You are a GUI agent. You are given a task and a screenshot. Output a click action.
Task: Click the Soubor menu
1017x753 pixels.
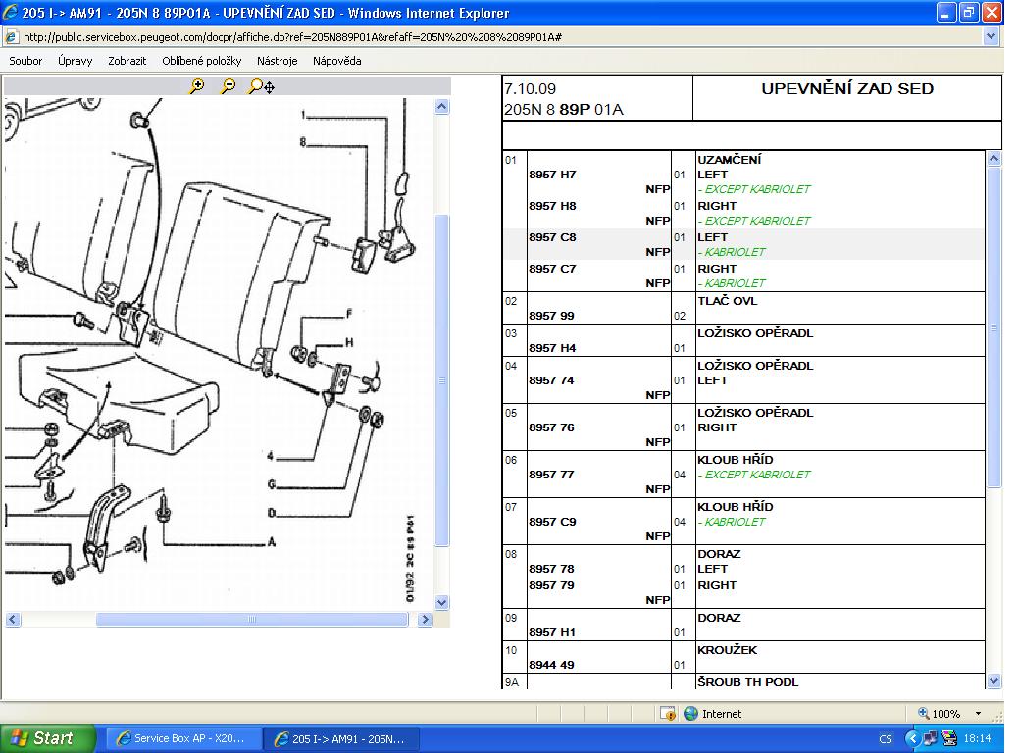coord(25,61)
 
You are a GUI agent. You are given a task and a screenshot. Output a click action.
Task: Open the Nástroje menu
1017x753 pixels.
coord(277,61)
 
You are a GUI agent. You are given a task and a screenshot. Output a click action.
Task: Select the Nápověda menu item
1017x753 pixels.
coord(336,61)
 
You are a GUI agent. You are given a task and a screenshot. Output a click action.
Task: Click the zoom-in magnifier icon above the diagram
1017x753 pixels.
coord(196,86)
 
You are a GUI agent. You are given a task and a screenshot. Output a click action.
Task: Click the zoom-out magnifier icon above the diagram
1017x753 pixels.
coord(228,86)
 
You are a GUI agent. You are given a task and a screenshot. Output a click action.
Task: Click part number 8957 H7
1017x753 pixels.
coord(552,175)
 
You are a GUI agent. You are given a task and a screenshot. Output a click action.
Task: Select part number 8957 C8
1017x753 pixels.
coord(552,237)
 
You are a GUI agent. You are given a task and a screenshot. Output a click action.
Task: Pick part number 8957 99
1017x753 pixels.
coord(551,316)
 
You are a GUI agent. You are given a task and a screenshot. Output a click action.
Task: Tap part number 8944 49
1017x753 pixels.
coord(551,665)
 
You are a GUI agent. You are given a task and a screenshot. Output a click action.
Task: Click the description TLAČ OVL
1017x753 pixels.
coord(727,301)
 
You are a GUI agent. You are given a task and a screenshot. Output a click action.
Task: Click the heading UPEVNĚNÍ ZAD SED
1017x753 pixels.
coord(847,89)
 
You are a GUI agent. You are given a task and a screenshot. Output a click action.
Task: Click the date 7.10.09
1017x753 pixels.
coord(530,89)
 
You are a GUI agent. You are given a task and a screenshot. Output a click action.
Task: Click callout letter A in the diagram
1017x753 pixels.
coord(271,541)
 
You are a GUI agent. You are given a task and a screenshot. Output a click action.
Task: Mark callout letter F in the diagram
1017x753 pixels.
coord(349,314)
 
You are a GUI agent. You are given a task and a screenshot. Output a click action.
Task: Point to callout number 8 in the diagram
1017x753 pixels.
coord(302,142)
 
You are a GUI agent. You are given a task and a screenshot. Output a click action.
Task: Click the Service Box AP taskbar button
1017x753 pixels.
coord(179,738)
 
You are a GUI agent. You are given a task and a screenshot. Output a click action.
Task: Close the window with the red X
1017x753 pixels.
coord(992,13)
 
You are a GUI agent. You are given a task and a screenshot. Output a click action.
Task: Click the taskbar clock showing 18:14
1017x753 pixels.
coord(977,738)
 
